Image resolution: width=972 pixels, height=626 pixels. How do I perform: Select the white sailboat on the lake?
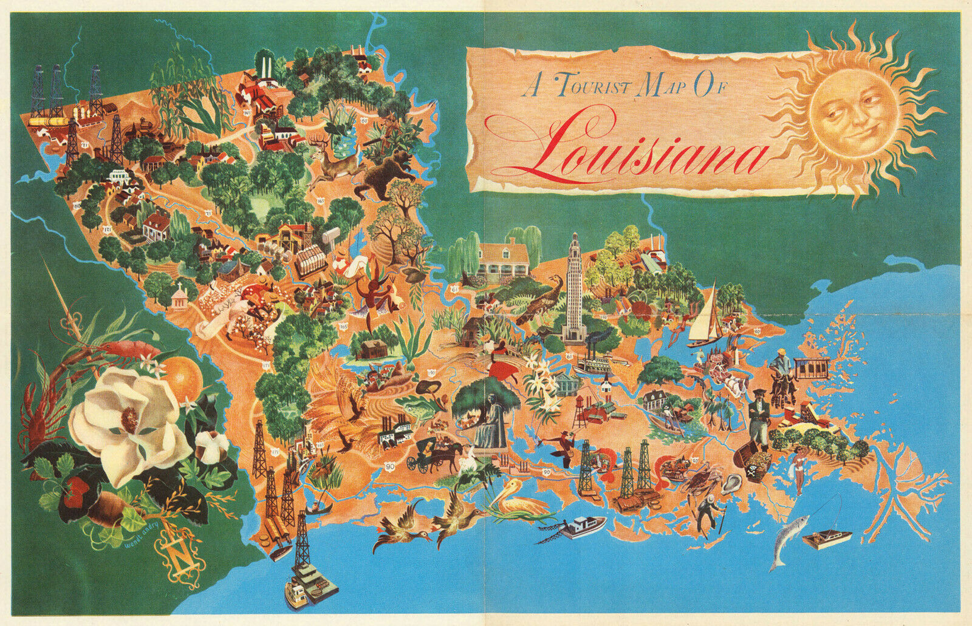(707, 319)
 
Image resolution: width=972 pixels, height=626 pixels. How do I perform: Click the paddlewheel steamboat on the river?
(593, 364)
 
